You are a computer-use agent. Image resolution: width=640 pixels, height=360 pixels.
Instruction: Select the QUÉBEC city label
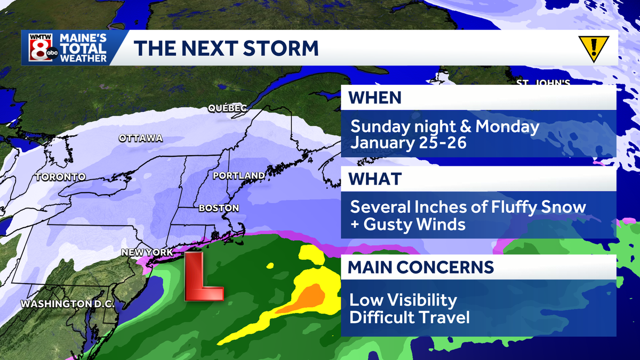coord(227,109)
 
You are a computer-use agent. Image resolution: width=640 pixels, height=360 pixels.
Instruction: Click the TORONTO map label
coord(60,177)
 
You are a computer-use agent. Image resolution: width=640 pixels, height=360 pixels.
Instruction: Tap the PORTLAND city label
coord(238,175)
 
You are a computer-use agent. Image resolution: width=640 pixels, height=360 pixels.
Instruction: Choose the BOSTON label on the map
coord(218,208)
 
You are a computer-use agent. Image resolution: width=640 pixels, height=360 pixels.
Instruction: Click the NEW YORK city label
coord(147,252)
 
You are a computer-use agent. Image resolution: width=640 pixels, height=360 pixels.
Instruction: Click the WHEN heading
coord(374,98)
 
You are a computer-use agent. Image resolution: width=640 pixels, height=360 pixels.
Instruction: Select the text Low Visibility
coord(403,300)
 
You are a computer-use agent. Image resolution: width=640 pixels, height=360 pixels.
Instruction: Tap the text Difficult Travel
coord(410,318)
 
